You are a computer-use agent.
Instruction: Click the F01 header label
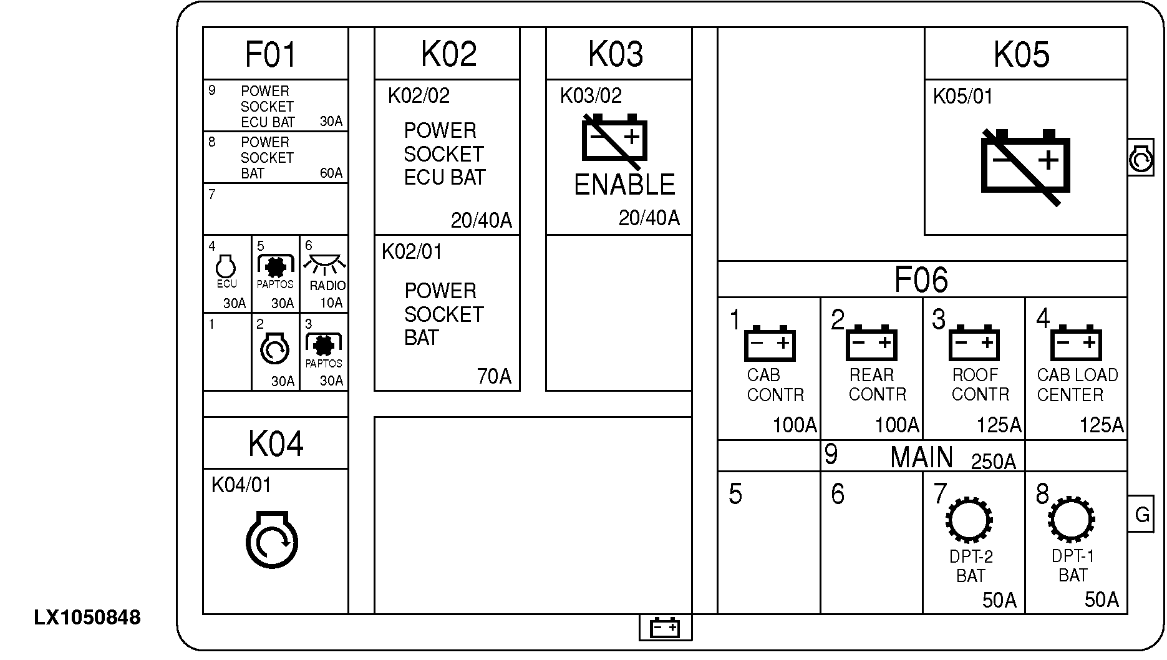pos(271,55)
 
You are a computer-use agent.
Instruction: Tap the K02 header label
pos(448,55)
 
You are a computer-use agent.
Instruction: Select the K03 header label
pos(616,55)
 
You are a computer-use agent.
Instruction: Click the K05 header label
pos(1022,55)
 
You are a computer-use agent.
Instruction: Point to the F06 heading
pos(921,280)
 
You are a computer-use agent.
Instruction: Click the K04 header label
pos(276,444)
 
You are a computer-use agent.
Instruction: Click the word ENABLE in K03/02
pos(624,185)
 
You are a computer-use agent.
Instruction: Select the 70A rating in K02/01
pos(494,376)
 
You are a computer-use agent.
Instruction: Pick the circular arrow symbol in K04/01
pos(272,540)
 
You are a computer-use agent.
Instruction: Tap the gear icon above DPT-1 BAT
pos(1072,519)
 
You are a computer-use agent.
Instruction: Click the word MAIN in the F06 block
pos(921,458)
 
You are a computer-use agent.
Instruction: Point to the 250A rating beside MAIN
pos(993,462)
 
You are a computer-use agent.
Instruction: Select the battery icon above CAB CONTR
pos(770,343)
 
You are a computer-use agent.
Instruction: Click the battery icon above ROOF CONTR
pos(974,343)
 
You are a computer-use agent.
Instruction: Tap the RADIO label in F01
pos(327,286)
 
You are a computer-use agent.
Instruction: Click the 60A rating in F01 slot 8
pos(331,173)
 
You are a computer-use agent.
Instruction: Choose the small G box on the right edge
pos(1141,515)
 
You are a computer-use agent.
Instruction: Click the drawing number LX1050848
pos(87,618)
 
